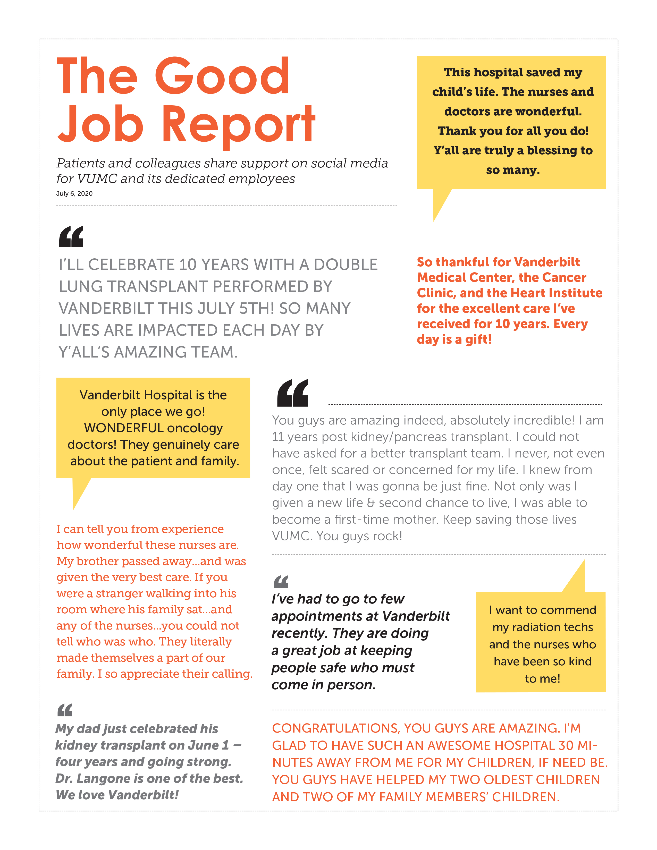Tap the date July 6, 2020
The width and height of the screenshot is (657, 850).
pos(74,193)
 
